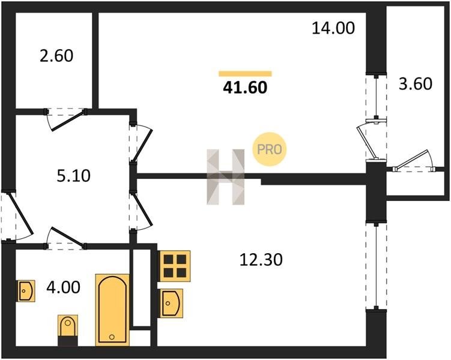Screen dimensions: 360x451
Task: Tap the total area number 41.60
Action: pyautogui.click(x=244, y=88)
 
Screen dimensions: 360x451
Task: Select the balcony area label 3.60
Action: pyautogui.click(x=415, y=83)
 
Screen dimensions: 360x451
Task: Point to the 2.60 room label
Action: pyautogui.click(x=55, y=56)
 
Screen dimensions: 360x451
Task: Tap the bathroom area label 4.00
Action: pyautogui.click(x=64, y=287)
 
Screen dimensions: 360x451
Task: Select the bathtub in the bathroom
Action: pyautogui.click(x=113, y=310)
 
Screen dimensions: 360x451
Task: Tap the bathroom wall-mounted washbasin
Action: pyautogui.click(x=26, y=290)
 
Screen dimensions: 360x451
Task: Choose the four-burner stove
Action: pyautogui.click(x=174, y=266)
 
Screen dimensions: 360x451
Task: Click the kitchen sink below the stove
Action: pyautogui.click(x=172, y=302)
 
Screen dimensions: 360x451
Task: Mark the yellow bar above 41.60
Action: pyautogui.click(x=245, y=74)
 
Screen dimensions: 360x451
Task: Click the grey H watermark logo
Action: pyautogui.click(x=226, y=176)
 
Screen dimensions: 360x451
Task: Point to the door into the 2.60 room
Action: pyautogui.click(x=66, y=116)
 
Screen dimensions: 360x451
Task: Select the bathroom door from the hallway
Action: pyautogui.click(x=66, y=238)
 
